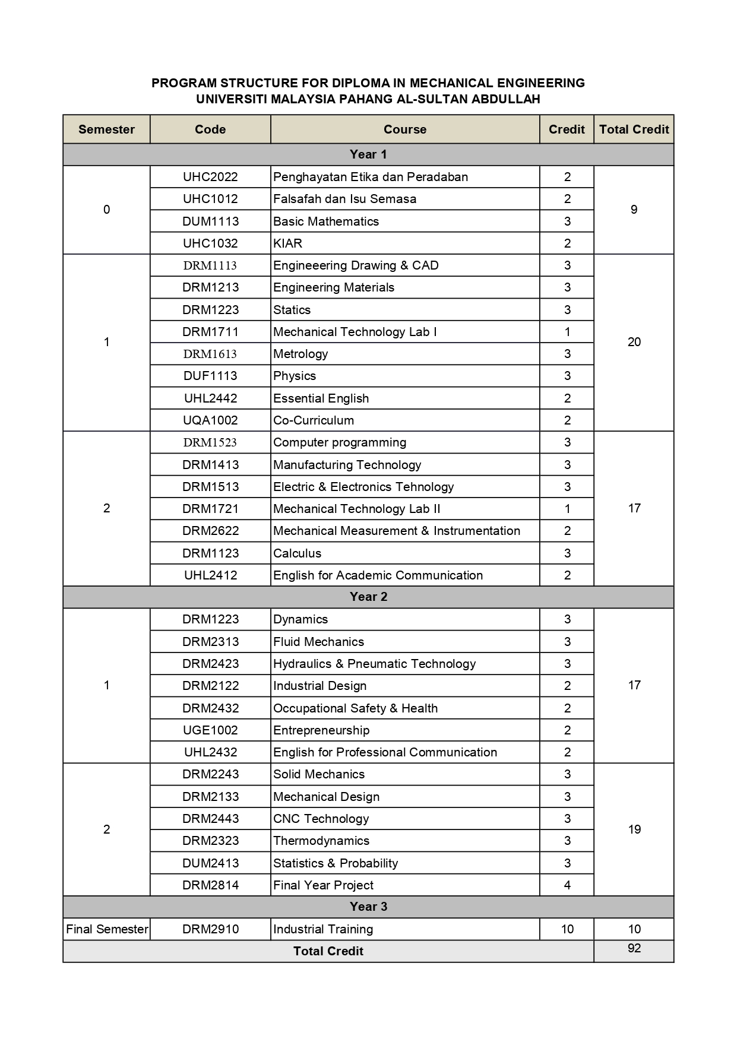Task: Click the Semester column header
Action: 106,129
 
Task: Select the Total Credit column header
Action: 634,129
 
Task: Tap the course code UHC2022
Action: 210,177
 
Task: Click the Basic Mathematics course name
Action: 326,221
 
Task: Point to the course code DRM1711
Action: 210,332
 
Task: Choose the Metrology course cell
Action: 301,354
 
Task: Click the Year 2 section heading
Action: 368,597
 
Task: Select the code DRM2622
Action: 210,531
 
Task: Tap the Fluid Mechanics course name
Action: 318,642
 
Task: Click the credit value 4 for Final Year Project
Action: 567,885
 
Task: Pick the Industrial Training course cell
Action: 323,929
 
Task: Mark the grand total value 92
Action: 634,948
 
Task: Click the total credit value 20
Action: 634,342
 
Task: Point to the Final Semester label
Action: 107,929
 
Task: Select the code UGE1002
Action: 210,730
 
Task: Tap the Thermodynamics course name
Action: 321,841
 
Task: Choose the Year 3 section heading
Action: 368,907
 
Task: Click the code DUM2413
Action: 210,863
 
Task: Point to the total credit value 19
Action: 634,829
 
